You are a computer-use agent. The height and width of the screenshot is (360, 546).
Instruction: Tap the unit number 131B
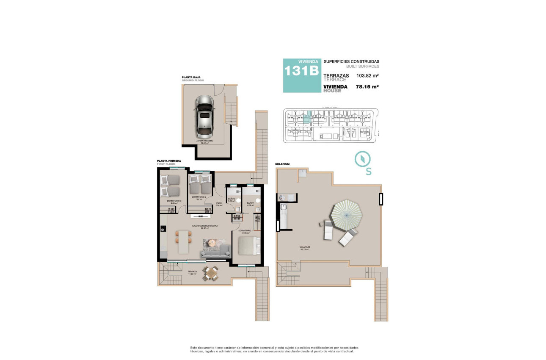301,71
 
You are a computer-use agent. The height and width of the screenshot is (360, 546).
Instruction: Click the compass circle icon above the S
363,158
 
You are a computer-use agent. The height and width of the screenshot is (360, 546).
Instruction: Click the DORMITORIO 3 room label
174,201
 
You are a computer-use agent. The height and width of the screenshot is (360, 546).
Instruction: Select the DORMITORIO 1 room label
246,231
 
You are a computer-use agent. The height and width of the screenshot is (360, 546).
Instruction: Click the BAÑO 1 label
250,203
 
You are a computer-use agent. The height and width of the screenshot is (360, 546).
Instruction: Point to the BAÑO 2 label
232,199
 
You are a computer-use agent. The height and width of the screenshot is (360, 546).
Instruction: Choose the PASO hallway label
219,203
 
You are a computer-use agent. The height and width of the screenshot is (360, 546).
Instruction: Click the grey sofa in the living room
215,253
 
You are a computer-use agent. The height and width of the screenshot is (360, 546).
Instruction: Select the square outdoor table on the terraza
210,274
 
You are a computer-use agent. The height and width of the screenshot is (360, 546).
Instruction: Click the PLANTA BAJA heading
191,78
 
